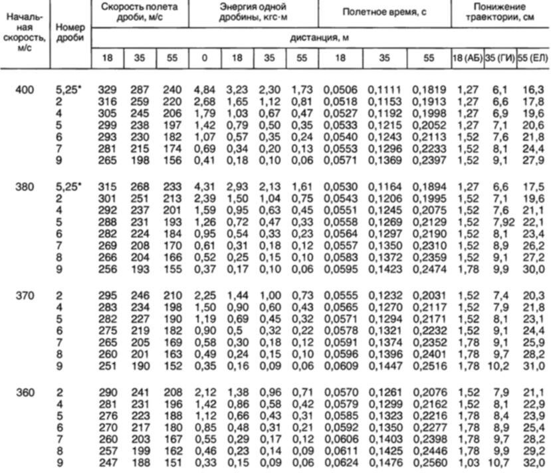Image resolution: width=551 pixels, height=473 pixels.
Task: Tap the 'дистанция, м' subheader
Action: [x=320, y=38]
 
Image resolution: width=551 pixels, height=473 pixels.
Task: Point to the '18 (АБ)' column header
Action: [x=466, y=58]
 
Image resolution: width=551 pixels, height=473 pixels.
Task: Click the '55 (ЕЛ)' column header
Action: [x=533, y=58]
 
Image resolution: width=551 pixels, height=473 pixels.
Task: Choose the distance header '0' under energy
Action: [x=204, y=58]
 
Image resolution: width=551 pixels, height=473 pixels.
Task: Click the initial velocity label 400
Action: [x=25, y=90]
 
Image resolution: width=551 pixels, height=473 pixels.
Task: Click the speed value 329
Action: [x=107, y=90]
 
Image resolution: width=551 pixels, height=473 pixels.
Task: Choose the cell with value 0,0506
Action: [x=338, y=90]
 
